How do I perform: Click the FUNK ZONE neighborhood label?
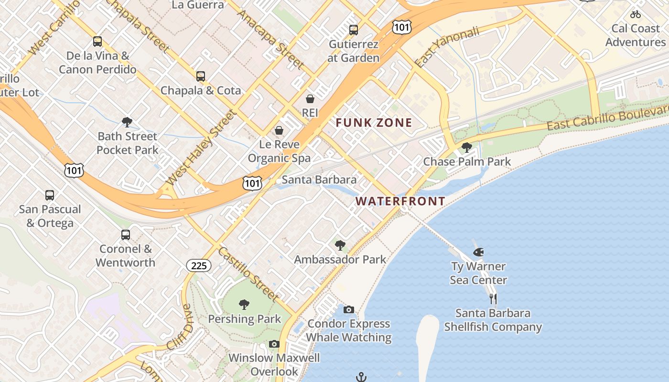click(374, 123)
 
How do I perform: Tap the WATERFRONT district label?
click(400, 201)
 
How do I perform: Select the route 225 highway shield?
click(198, 265)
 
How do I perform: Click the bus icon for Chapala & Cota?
click(201, 76)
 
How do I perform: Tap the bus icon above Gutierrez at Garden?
click(354, 30)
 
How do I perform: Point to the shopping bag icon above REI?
click(310, 99)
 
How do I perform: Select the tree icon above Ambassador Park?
click(340, 245)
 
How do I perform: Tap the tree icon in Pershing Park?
click(244, 305)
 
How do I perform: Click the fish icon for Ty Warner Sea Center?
click(478, 252)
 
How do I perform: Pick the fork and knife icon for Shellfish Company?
click(493, 299)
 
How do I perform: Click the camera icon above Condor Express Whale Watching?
click(349, 310)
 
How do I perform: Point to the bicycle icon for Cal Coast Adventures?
click(635, 14)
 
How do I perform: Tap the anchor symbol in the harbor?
click(361, 377)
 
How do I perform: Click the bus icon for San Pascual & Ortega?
click(50, 195)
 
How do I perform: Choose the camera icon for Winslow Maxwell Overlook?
click(274, 344)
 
